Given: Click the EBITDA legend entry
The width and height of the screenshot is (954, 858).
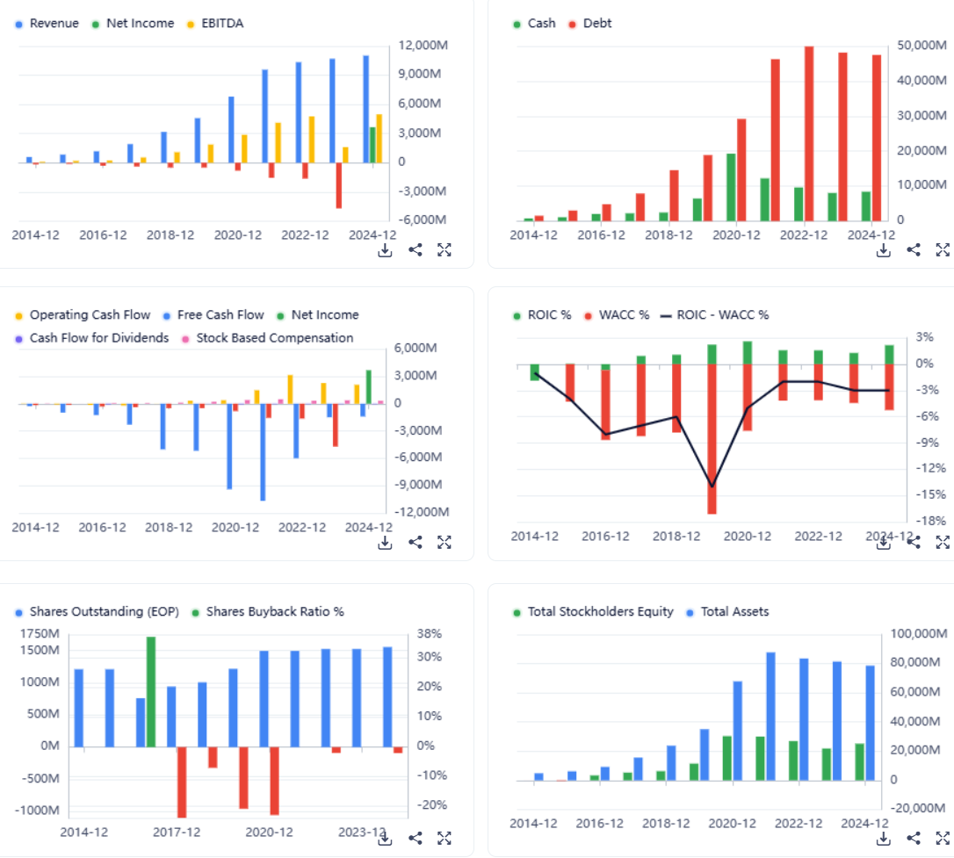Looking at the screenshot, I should coord(222,24).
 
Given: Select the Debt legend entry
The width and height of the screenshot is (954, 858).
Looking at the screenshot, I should coord(597,24).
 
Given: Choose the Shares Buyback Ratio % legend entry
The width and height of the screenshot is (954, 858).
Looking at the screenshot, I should coord(274,612).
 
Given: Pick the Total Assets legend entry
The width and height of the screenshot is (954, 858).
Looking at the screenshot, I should coord(734,612).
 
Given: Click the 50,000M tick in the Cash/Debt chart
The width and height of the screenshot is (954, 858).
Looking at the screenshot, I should coord(921,46).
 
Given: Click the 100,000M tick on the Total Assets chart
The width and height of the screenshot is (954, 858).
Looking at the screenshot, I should coord(921,634).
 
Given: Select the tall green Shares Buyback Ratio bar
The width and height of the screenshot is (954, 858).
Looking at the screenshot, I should coord(151,692).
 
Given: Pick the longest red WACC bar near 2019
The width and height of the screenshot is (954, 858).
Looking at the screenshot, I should coord(712,439).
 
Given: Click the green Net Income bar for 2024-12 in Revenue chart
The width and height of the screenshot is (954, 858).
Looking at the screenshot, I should coord(372,145).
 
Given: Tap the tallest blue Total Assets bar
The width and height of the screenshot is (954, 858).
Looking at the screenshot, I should coord(771,716).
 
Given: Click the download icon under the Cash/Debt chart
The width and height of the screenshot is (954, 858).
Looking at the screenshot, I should coord(884,250).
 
